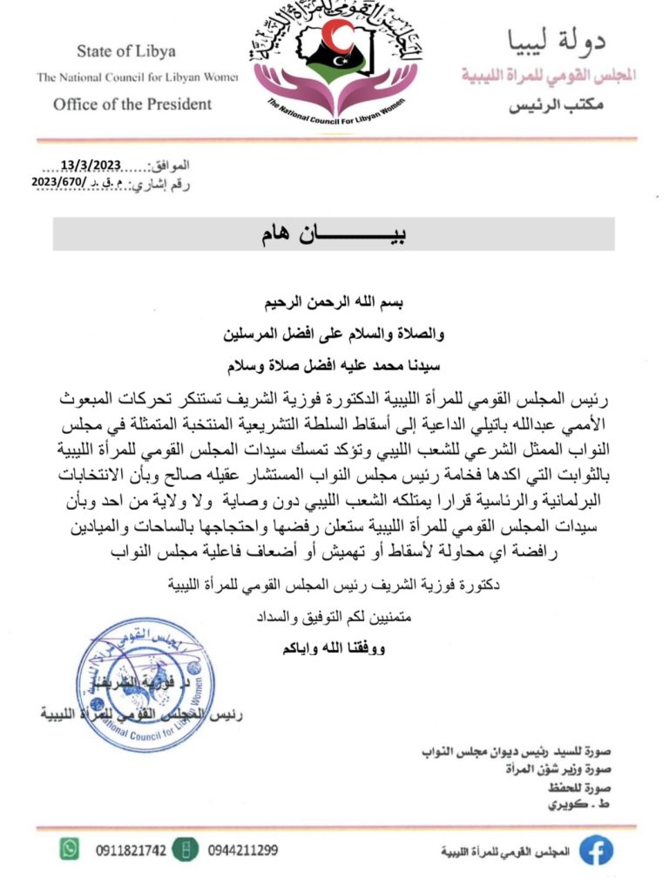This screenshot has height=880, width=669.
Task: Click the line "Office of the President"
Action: pos(132,105)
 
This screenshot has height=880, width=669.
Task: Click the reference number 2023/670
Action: pos(58,181)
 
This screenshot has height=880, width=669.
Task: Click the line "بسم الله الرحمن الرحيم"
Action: pos(334,305)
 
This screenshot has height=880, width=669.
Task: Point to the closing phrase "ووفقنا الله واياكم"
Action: pos(334,650)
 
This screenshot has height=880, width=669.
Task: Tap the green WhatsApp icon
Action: pos(71,847)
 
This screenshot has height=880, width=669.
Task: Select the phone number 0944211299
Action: pos(243,849)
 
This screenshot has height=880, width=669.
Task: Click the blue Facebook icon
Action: pos(596,850)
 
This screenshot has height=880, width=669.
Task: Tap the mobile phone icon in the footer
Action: pos(183,849)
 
